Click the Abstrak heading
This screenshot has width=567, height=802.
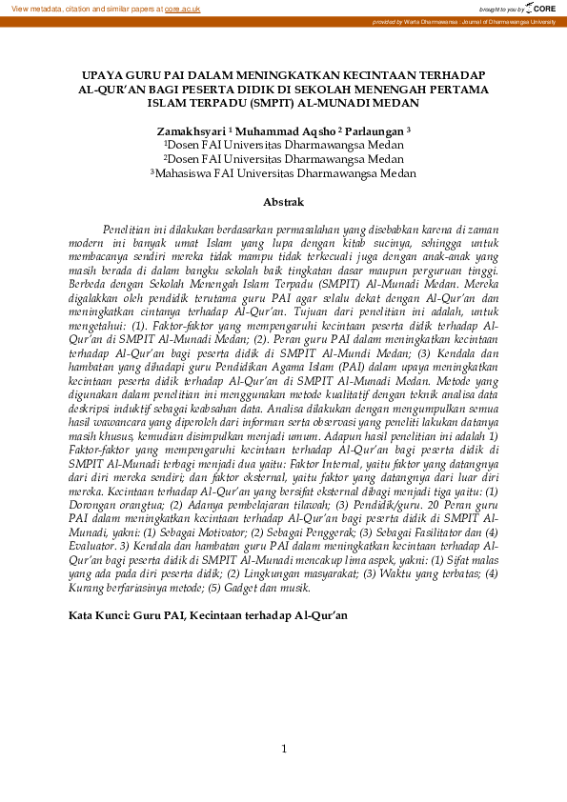[283, 202]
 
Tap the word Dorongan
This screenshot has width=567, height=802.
[96, 505]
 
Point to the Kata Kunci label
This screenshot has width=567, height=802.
[102, 615]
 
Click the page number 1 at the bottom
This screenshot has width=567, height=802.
[283, 750]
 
